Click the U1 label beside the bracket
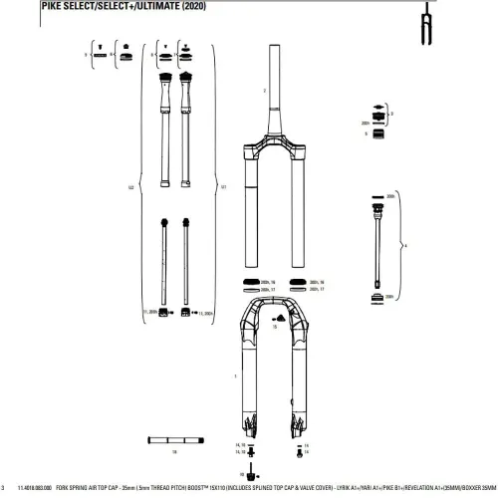(224, 186)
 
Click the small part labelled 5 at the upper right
(379, 133)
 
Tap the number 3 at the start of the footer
(5, 488)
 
